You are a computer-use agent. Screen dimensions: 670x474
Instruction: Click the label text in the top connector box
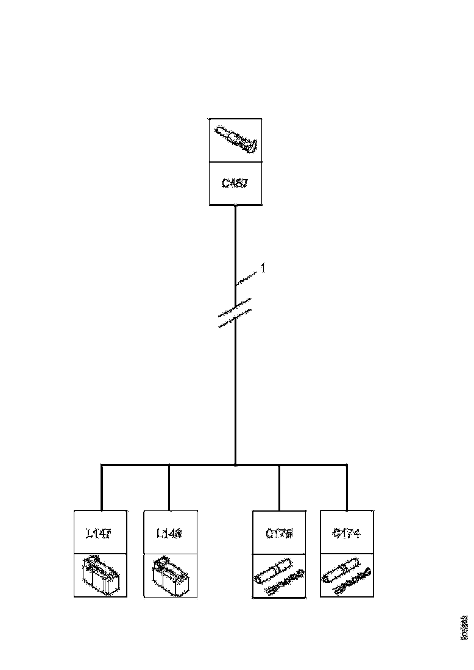pyautogui.click(x=235, y=183)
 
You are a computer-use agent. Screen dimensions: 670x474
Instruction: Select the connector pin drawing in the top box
pyautogui.click(x=236, y=139)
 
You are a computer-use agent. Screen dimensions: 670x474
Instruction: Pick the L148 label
pyautogui.click(x=169, y=533)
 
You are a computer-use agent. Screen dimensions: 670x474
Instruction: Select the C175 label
pyautogui.click(x=279, y=533)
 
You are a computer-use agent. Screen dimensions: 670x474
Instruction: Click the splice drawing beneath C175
pyautogui.click(x=279, y=576)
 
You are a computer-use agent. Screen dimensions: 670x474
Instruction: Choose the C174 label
pyautogui.click(x=347, y=533)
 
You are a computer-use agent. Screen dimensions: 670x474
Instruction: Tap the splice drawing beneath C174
pyautogui.click(x=347, y=576)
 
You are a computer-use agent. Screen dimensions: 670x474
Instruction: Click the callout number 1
pyautogui.click(x=263, y=267)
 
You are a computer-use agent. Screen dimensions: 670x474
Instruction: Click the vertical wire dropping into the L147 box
pyautogui.click(x=102, y=487)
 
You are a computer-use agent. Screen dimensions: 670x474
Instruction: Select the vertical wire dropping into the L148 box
pyautogui.click(x=169, y=487)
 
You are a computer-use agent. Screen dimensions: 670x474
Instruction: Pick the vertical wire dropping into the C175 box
pyautogui.click(x=279, y=487)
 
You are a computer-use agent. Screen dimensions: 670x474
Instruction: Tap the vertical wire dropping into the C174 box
pyautogui.click(x=347, y=487)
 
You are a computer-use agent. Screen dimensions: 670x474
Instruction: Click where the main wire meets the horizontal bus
pyautogui.click(x=235, y=465)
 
